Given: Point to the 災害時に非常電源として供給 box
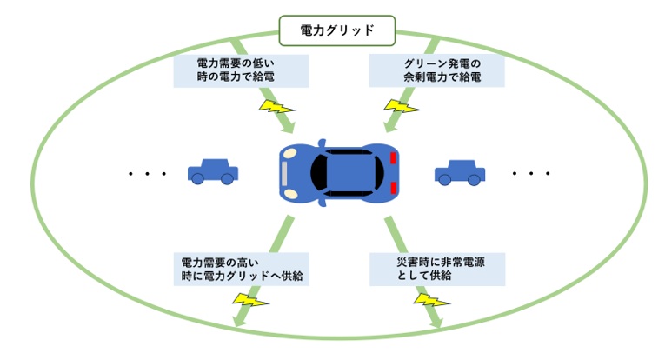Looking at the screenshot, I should pyautogui.click(x=436, y=269).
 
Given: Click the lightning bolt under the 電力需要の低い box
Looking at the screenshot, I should pyautogui.click(x=277, y=108).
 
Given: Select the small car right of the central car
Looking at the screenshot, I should pyautogui.click(x=460, y=171).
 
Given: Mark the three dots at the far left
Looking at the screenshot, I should pyautogui.click(x=146, y=174).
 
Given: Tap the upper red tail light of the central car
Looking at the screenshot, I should pyautogui.click(x=393, y=158).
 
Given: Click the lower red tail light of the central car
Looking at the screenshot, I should pyautogui.click(x=393, y=188).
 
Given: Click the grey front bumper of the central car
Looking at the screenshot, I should pyautogui.click(x=283, y=173).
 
